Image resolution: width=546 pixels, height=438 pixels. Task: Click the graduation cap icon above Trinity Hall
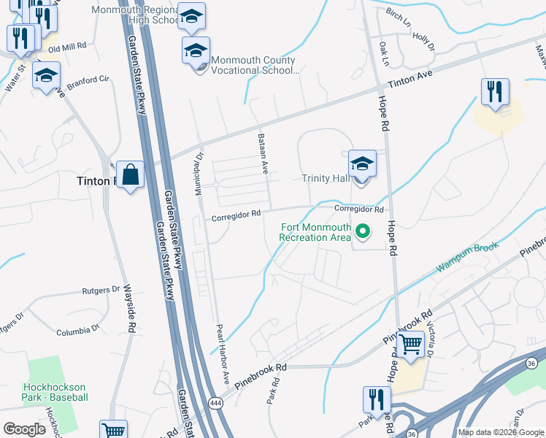tap(362, 164)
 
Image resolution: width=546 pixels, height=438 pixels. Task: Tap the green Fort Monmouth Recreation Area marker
tap(362, 233)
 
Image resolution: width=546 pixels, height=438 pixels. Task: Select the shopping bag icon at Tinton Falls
tap(130, 174)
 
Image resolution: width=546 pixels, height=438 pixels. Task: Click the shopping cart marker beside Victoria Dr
tap(411, 343)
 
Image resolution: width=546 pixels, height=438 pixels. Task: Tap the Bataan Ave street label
tap(263, 153)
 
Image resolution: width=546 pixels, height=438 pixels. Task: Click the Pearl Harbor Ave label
tap(222, 356)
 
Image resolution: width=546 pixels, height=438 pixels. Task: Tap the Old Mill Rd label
tap(67, 45)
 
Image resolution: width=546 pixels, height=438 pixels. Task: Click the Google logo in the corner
tap(25, 429)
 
